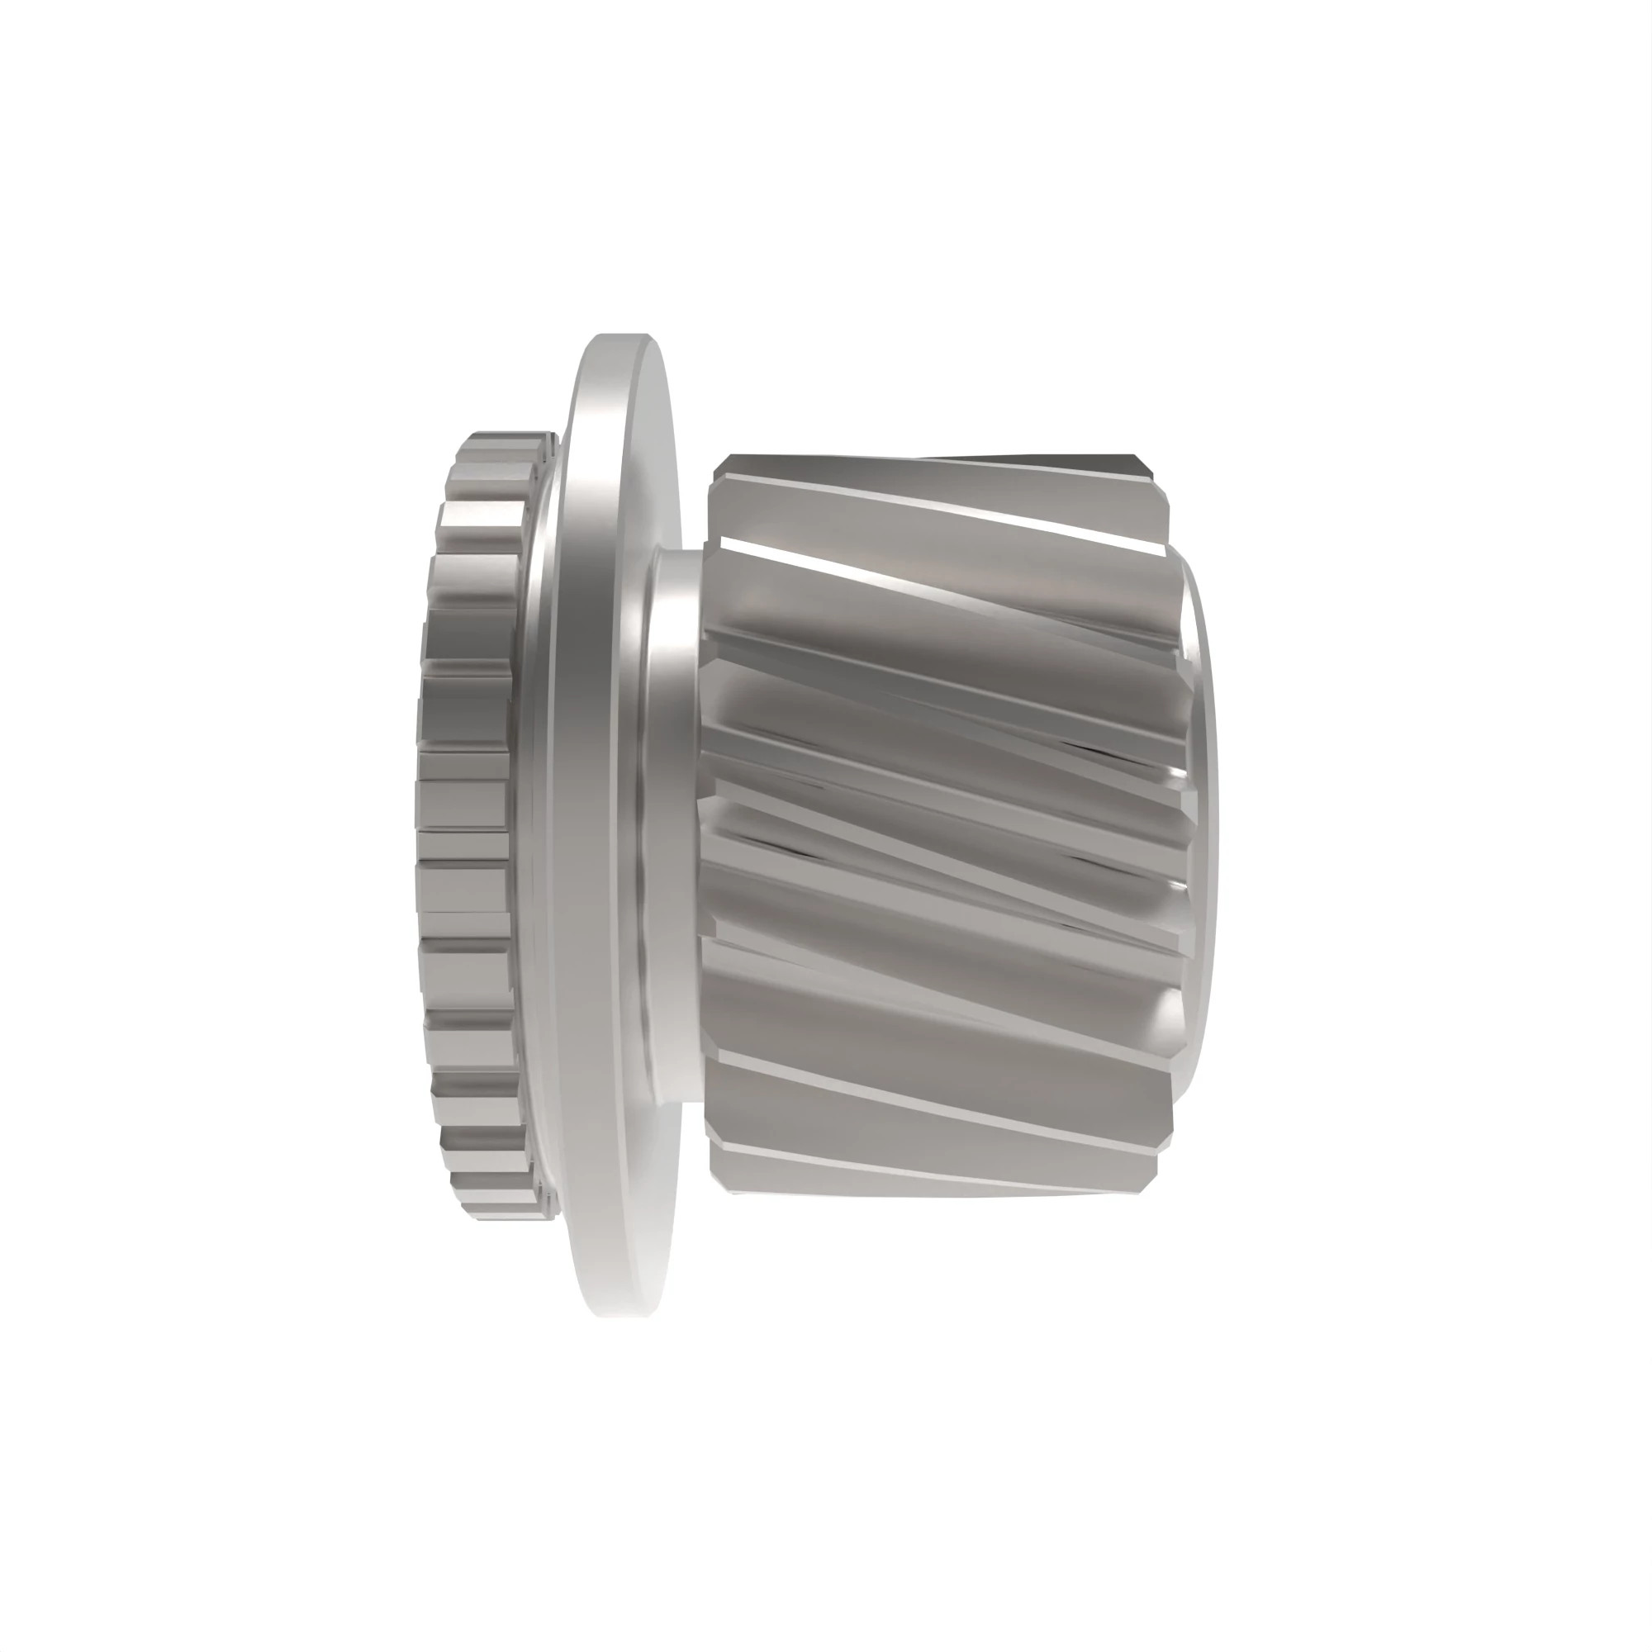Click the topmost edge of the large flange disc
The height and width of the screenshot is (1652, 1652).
coord(623,336)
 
